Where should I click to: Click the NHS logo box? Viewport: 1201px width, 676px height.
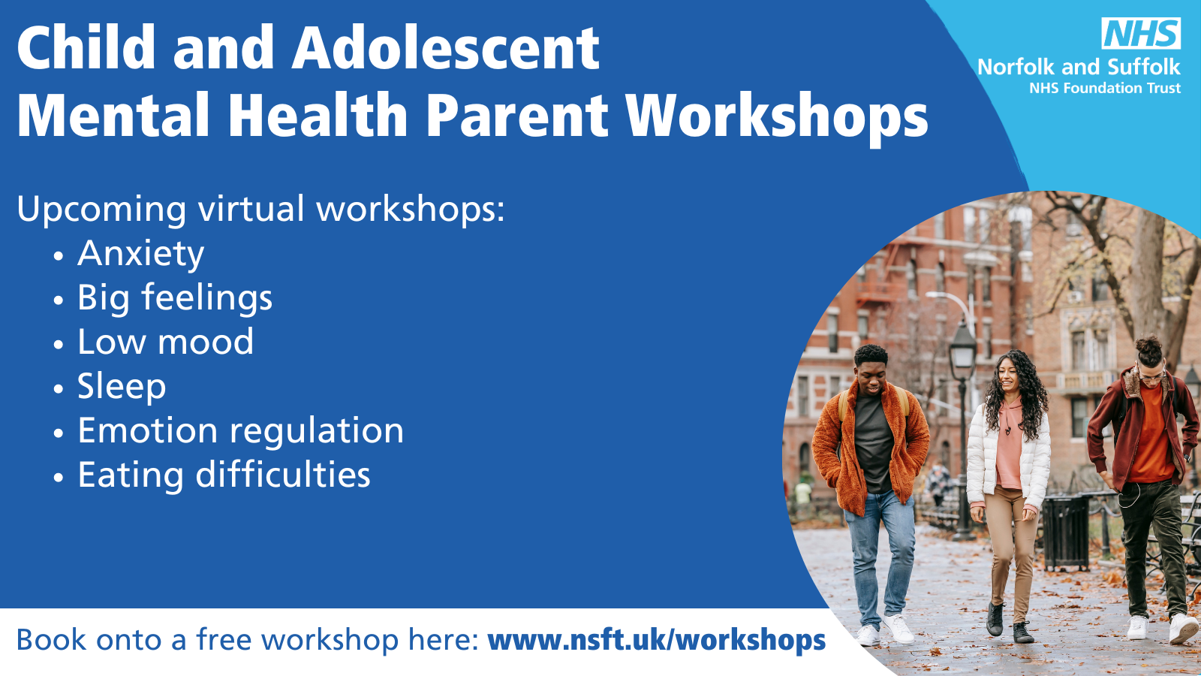[x=1141, y=33]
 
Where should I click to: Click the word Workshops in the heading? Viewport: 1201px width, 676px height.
[x=777, y=116]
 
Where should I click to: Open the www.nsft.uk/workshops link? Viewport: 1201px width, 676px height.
[x=656, y=640]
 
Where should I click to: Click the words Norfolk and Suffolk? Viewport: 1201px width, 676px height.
[x=1079, y=67]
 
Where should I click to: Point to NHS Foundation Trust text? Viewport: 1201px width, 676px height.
[x=1104, y=88]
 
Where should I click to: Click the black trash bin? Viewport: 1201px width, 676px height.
[x=1067, y=531]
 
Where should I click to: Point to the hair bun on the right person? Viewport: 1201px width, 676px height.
[x=1149, y=346]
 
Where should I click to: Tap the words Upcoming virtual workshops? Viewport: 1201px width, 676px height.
[x=260, y=209]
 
